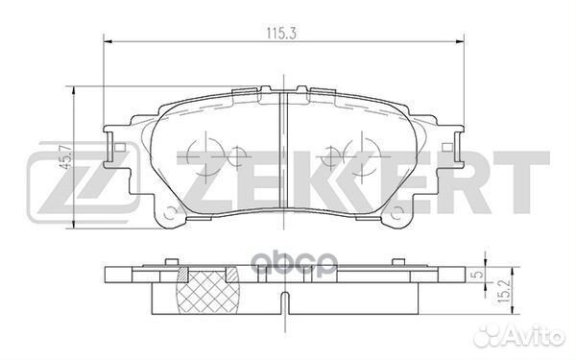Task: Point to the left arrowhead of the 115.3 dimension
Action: tap(106, 40)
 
